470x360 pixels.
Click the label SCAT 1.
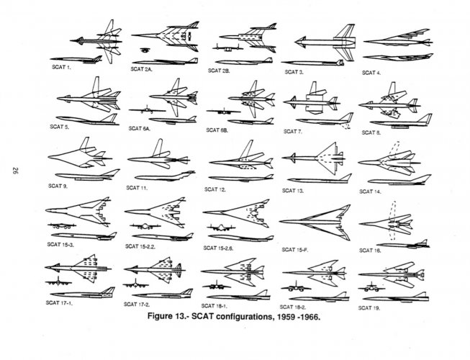click(x=59, y=68)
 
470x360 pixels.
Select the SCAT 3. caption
click(x=294, y=72)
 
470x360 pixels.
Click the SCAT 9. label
click(x=58, y=186)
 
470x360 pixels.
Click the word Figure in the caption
click(x=165, y=316)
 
